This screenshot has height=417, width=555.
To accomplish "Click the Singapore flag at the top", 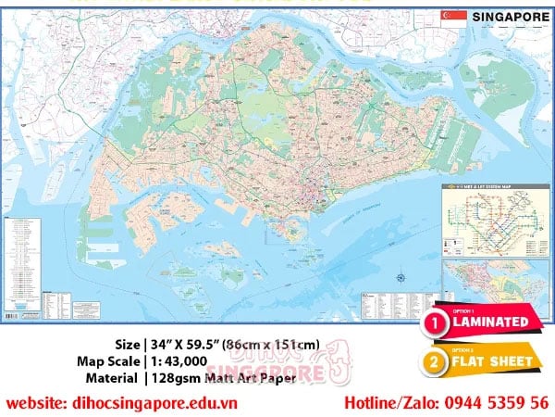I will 453,17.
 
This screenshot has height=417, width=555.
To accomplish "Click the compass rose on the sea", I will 399,277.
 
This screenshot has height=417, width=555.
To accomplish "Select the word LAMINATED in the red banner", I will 490,322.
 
